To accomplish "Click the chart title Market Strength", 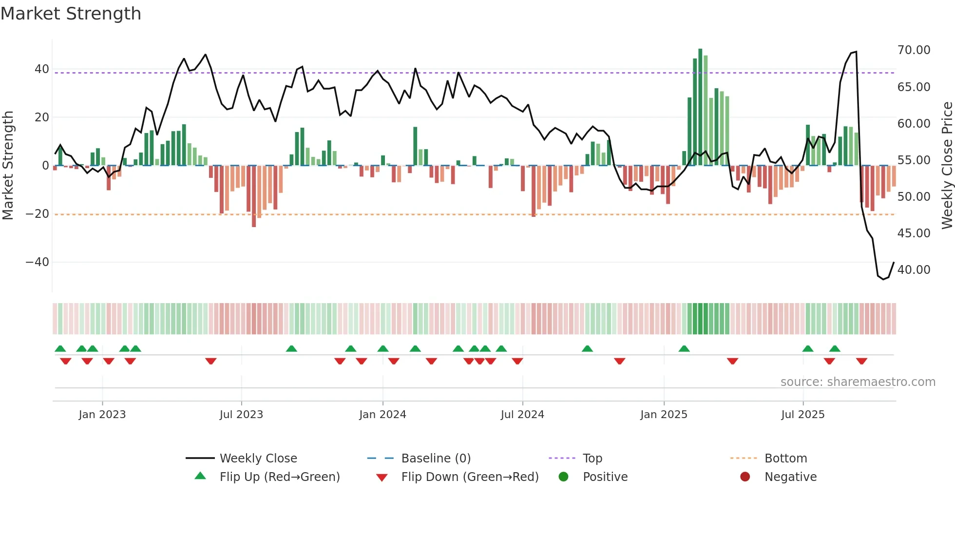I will click(71, 14).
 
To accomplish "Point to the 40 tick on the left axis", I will click(41, 69).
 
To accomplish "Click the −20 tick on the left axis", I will click(37, 214).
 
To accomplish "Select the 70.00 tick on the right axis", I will click(914, 50).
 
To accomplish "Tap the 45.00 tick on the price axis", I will click(914, 233).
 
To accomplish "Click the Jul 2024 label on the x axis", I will click(522, 415).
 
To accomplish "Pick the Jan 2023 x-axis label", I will click(102, 415).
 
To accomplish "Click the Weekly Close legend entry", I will click(258, 459).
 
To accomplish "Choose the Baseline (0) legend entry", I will click(436, 459).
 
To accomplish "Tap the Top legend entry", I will click(592, 459).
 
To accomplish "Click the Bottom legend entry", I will click(785, 459).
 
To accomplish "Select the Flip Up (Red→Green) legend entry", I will click(279, 477).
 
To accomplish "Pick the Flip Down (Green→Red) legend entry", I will click(470, 477).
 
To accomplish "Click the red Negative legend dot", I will click(745, 477).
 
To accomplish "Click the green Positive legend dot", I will click(564, 477).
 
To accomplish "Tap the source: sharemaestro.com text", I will click(858, 382).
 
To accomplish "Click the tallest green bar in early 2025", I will click(700, 107).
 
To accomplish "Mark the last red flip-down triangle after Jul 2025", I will click(861, 361).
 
